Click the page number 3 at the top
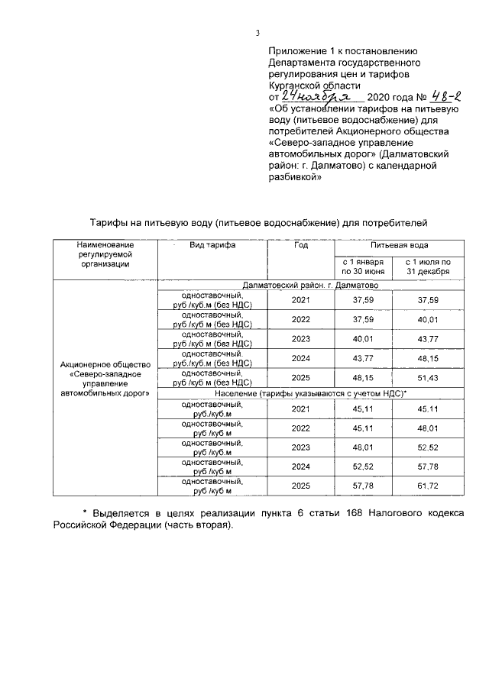[x=257, y=33]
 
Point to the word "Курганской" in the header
[x=299, y=86]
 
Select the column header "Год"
[x=301, y=246]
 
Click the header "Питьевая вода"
[x=399, y=246]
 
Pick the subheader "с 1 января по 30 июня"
[x=362, y=266]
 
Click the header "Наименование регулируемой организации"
[x=105, y=253]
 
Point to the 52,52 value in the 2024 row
[x=362, y=465]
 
